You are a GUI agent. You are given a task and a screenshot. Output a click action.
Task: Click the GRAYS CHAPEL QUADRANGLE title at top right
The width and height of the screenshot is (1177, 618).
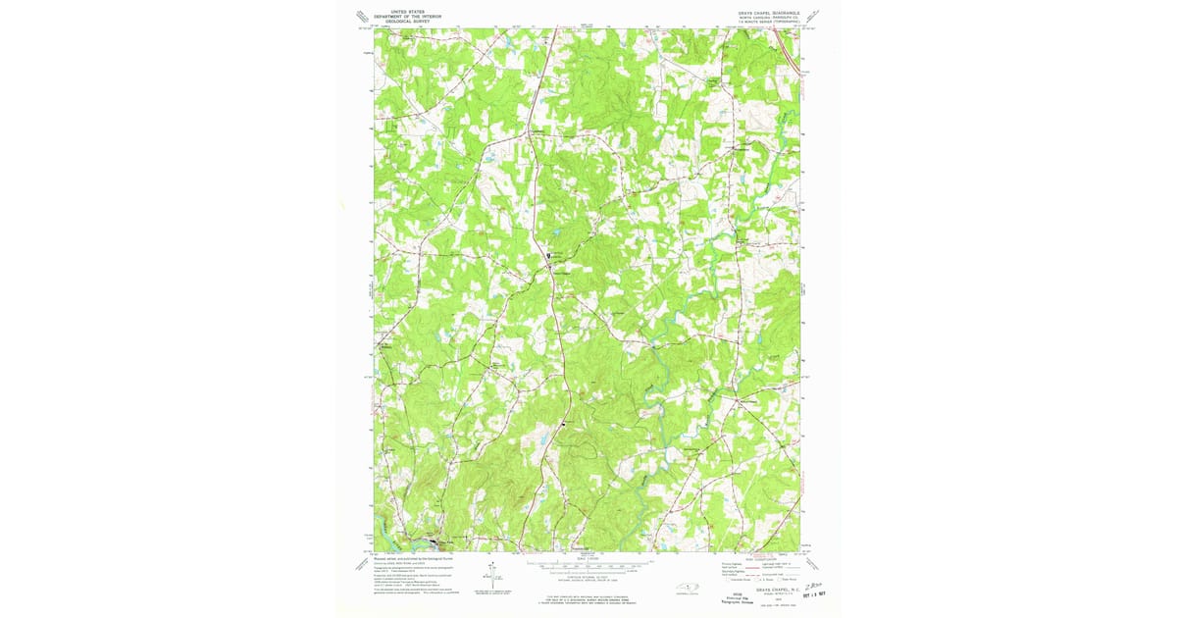[x=761, y=13]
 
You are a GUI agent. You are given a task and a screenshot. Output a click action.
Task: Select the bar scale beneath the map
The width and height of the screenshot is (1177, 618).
[x=588, y=566]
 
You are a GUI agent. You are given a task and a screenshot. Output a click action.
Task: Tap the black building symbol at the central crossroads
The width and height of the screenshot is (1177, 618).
[x=548, y=257]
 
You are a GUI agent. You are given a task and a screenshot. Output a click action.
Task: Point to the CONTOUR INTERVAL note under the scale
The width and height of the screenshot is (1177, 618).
[x=588, y=576]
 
